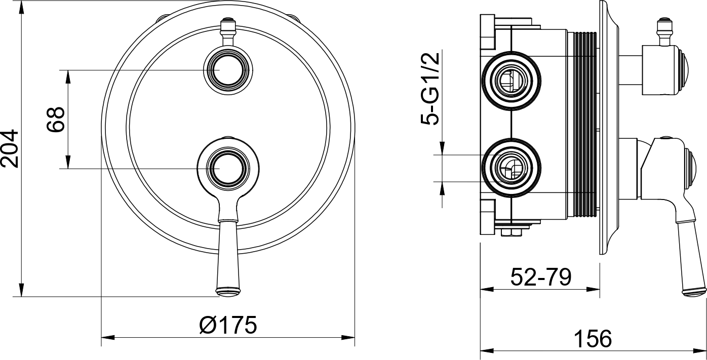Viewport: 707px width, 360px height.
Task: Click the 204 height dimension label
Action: pyautogui.click(x=10, y=148)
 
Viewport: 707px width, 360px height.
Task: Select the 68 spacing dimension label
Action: pyautogui.click(x=56, y=119)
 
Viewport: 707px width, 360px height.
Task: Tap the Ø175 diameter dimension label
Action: pyautogui.click(x=228, y=325)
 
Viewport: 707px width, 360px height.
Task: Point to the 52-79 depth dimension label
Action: pyautogui.click(x=541, y=277)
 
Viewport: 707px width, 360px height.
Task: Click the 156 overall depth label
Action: pyautogui.click(x=593, y=339)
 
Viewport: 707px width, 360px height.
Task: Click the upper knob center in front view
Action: pyautogui.click(x=228, y=70)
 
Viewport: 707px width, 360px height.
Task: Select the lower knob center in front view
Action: pyautogui.click(x=228, y=169)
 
